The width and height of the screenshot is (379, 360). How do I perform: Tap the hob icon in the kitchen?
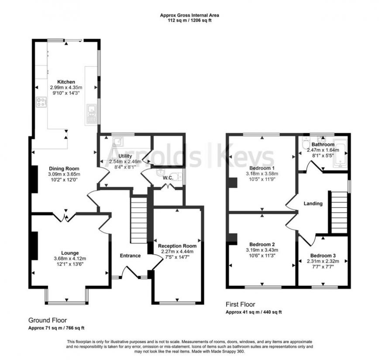point(41,103)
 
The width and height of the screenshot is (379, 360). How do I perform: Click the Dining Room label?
point(64,168)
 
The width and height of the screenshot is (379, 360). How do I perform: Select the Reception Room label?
point(177,246)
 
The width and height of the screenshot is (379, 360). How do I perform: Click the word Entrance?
point(130,256)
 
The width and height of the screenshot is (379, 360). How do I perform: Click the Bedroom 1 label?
point(262,168)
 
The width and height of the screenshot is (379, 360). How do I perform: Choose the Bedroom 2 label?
point(262,244)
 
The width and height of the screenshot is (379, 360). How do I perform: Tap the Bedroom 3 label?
point(323,255)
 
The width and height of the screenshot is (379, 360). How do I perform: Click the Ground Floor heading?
point(48,320)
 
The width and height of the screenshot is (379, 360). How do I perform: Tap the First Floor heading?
point(240,305)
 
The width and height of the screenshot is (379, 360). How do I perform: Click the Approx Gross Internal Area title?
point(189,15)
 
